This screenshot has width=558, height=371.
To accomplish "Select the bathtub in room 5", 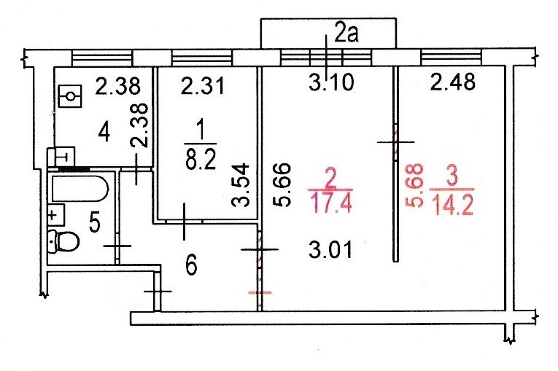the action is click(80, 190).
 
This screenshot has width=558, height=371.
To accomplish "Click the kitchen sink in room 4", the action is click(71, 95).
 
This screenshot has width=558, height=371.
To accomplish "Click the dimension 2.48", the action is click(452, 83).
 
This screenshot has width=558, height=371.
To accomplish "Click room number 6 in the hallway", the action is click(190, 267).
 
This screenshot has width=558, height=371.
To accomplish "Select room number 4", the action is click(104, 134).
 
